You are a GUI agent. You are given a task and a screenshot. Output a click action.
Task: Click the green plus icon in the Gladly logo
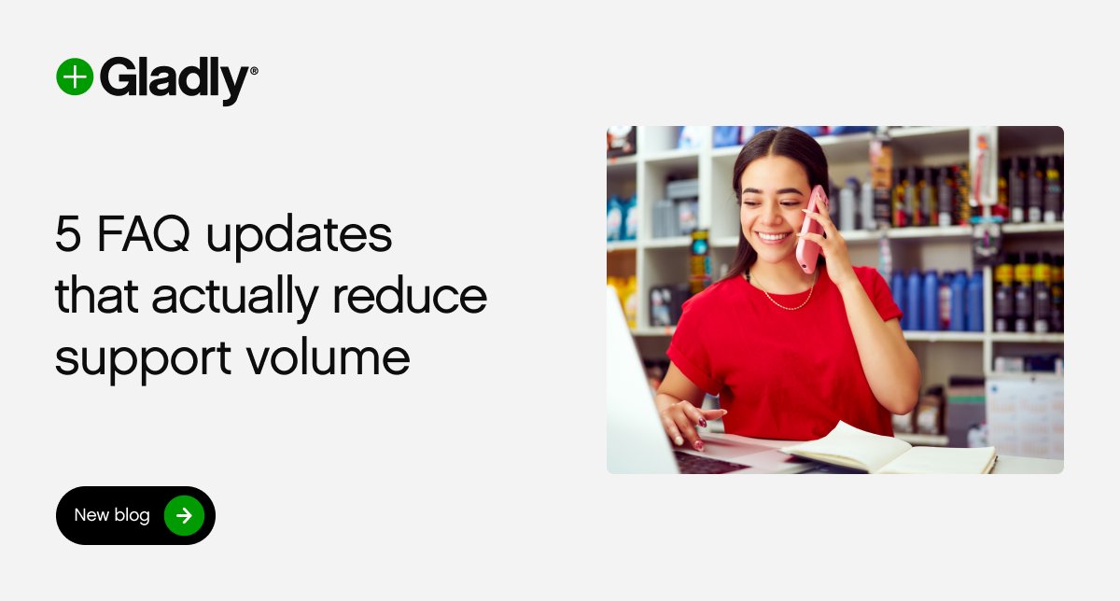75,77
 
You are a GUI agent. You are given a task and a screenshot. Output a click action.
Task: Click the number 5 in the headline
68,236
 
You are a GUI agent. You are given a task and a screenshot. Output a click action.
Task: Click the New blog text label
112,515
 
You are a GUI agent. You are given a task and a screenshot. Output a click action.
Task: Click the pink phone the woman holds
811,229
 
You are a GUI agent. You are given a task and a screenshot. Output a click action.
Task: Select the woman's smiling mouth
773,237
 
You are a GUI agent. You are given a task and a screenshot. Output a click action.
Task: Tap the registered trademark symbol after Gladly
254,69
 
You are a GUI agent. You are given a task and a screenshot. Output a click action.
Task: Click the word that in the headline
97,297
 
